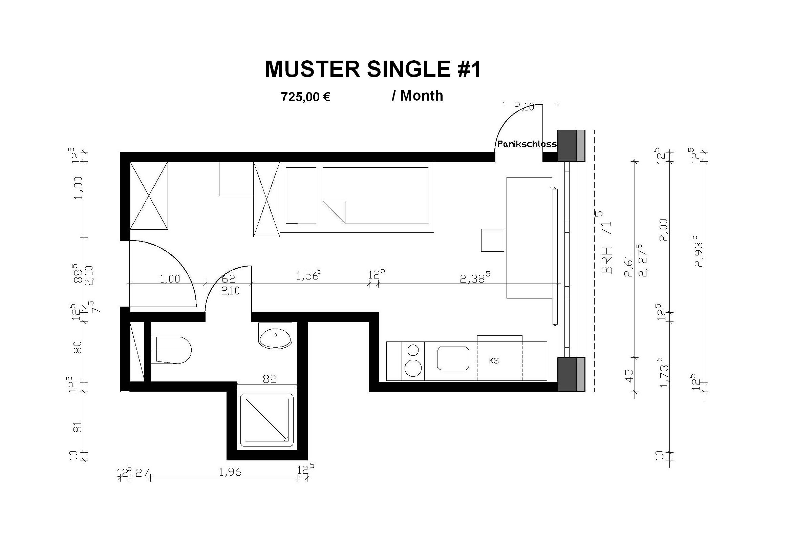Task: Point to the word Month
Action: point(422,96)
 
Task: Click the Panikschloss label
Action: point(527,144)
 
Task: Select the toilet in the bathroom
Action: point(171,350)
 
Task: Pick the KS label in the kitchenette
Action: point(494,361)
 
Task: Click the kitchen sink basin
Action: point(453,358)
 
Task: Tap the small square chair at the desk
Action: point(493,240)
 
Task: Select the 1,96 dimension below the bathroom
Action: point(230,472)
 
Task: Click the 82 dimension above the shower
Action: point(270,379)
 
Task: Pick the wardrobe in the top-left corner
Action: point(149,195)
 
